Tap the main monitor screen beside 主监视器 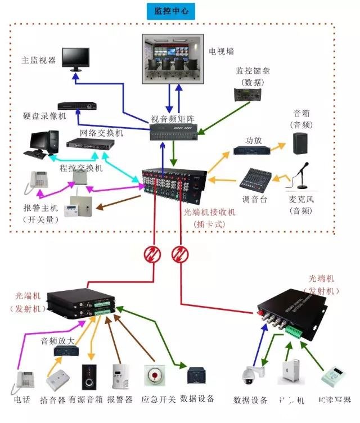pyautogui.click(x=75, y=57)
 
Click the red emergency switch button pyautogui.click(x=152, y=374)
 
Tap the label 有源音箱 pyautogui.click(x=85, y=399)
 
